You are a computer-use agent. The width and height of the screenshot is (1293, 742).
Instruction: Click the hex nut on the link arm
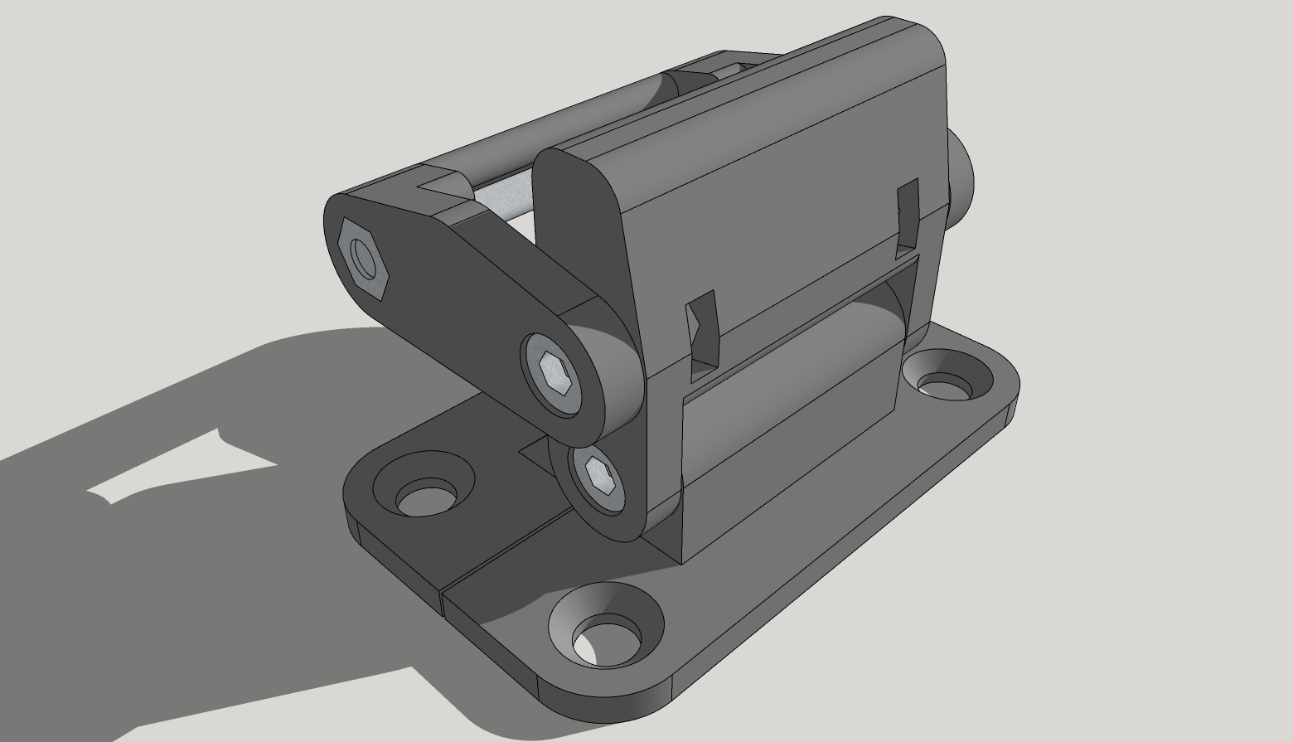(x=364, y=258)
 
